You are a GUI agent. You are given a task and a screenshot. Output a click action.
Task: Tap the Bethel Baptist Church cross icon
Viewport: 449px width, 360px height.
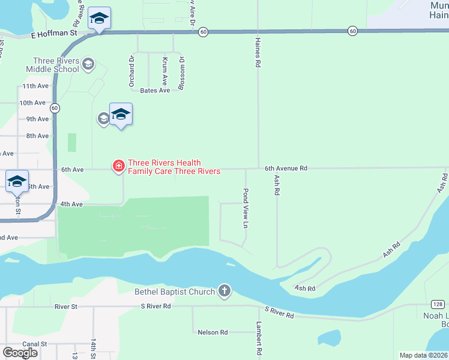pyautogui.click(x=224, y=292)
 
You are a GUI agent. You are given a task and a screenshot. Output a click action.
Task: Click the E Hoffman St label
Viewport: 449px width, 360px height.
pyautogui.click(x=55, y=35)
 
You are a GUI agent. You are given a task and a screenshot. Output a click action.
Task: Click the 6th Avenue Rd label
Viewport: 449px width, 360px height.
pyautogui.click(x=286, y=169)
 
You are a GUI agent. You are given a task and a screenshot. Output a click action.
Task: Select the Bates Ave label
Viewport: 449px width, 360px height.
pyautogui.click(x=154, y=91)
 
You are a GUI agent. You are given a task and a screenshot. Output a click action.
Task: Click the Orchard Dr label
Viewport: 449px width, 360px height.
pyautogui.click(x=131, y=71)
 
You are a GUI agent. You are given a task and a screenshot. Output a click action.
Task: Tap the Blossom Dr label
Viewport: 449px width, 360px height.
pyautogui.click(x=181, y=73)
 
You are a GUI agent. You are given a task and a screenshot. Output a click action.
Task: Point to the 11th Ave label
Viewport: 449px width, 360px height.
pyautogui.click(x=34, y=86)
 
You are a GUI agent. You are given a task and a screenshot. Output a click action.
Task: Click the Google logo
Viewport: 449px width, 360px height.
pyautogui.click(x=20, y=352)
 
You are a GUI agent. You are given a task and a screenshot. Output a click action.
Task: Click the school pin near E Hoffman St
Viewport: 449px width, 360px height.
pyautogui.click(x=100, y=19)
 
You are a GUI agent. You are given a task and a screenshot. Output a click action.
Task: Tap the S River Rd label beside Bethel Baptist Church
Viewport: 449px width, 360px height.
pyautogui.click(x=155, y=306)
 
